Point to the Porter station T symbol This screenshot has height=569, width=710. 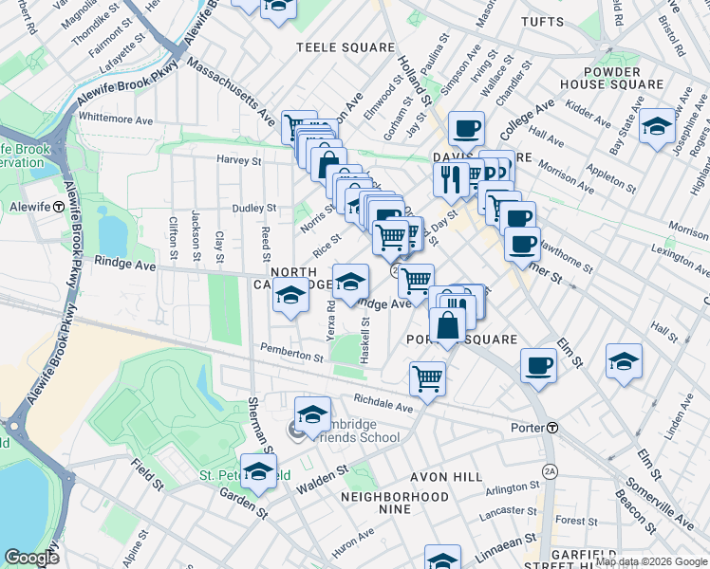[551, 428]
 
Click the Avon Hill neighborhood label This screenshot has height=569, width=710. [408, 477]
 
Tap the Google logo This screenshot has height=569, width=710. [31, 558]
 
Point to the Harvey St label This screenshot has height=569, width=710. [238, 160]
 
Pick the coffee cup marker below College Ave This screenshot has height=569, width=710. [465, 129]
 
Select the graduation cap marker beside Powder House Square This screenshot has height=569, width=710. [657, 126]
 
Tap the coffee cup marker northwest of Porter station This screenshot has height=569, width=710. [538, 365]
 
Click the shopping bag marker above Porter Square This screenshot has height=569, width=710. [448, 324]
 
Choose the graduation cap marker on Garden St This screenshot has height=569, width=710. [257, 471]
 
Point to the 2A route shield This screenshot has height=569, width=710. [549, 470]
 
